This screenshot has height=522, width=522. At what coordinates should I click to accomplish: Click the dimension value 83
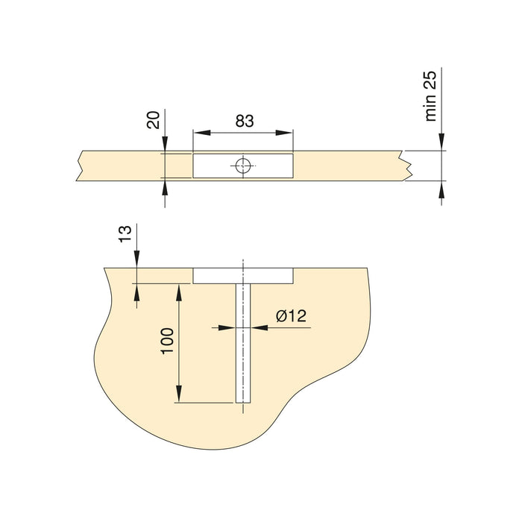[x=243, y=120]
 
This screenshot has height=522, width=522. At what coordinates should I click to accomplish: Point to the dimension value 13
[x=126, y=233]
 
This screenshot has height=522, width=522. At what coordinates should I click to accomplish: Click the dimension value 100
[x=167, y=341]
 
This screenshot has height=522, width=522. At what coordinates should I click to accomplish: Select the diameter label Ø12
[x=290, y=316]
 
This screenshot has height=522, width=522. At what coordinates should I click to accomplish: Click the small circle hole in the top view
[x=242, y=166]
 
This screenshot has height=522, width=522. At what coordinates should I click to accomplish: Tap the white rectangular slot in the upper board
[x=216, y=166]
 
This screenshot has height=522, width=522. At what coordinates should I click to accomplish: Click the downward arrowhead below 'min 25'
[x=443, y=142]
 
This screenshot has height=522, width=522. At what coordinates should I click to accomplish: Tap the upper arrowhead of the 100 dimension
[x=178, y=292]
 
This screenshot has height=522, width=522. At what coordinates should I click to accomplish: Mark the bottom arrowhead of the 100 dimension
[x=178, y=394]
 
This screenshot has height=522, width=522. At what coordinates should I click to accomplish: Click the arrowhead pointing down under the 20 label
[x=164, y=145]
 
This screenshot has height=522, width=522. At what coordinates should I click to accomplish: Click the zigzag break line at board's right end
[x=408, y=166]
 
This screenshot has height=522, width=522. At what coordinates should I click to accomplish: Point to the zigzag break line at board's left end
[x=78, y=166]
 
